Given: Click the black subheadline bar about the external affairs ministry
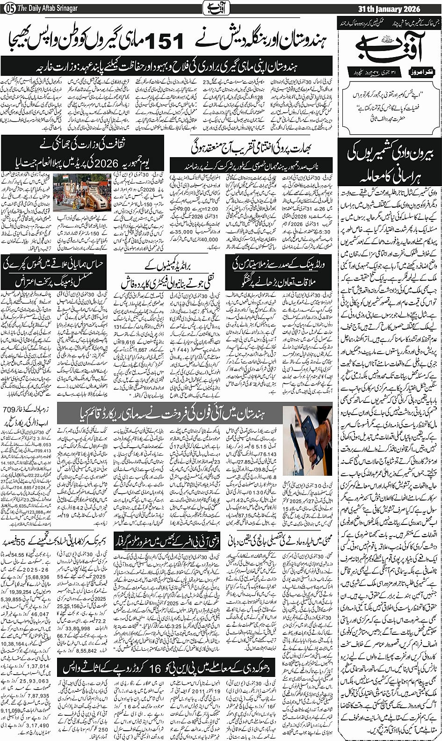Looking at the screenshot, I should (x=166, y=63).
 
